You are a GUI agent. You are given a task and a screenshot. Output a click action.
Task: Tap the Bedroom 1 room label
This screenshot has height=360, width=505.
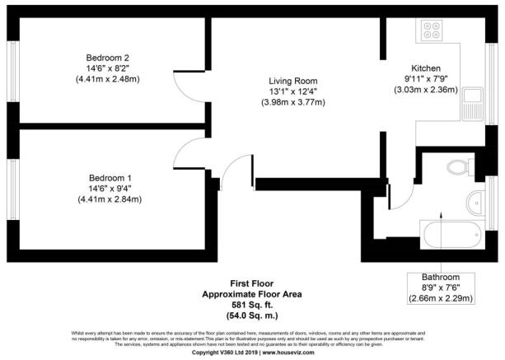click(109, 176)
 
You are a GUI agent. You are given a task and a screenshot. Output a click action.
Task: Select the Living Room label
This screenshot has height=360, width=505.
click(293, 79)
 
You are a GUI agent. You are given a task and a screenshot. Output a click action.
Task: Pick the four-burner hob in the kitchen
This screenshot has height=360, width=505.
click(433, 31)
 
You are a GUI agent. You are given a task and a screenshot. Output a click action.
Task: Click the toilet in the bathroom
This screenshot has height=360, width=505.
click(456, 168)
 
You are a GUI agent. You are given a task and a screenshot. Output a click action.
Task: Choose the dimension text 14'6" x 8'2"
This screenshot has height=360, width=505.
click(109, 68)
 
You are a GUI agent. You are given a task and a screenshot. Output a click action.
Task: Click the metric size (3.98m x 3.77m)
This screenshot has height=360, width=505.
click(293, 102)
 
